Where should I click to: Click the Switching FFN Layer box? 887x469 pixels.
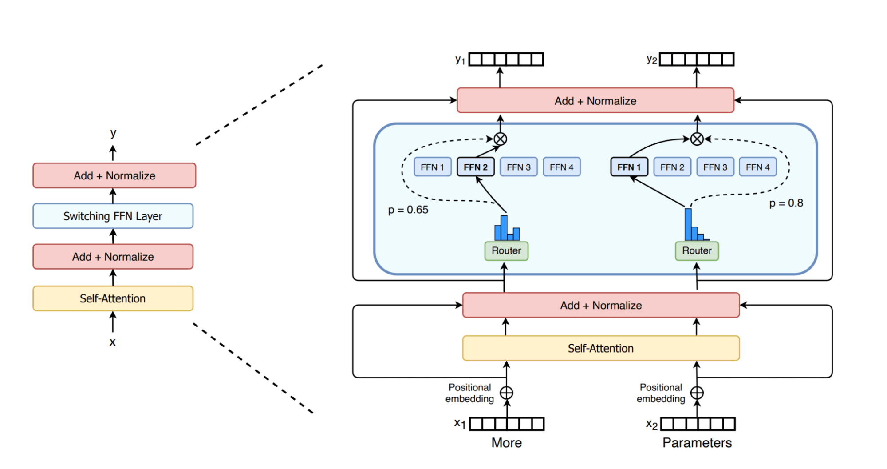(113, 216)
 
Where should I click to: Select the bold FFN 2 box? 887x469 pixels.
(475, 167)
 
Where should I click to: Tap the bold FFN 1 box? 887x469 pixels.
(629, 167)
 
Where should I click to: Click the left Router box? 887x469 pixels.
(506, 250)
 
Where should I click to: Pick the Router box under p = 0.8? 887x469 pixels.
(697, 250)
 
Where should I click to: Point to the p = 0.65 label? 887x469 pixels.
(408, 210)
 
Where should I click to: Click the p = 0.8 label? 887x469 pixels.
(786, 203)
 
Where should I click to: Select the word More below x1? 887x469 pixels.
(506, 443)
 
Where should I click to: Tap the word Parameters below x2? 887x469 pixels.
(697, 443)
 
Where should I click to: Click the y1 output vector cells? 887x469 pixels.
(506, 60)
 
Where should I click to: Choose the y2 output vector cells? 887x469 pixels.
(697, 60)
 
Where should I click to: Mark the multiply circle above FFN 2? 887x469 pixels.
(500, 139)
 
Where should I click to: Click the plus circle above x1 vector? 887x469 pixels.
(506, 393)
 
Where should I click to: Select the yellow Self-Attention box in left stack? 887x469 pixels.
(113, 298)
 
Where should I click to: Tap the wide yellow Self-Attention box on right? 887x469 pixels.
(601, 348)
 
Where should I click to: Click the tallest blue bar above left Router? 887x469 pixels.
(504, 227)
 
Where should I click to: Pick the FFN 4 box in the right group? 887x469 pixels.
(757, 167)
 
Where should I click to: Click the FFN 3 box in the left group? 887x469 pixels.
(518, 167)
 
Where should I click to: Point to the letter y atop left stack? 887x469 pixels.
(113, 133)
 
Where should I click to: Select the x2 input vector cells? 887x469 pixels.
(698, 424)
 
